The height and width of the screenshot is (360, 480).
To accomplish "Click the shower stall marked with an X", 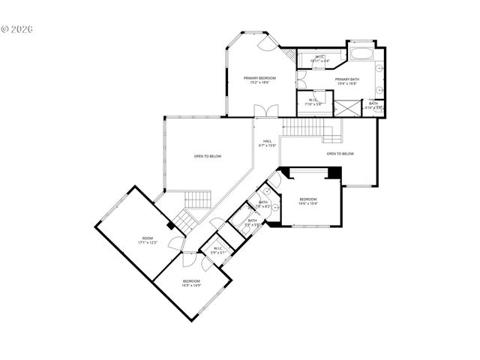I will (x=346, y=106).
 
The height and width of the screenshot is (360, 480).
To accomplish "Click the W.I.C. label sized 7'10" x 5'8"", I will (x=314, y=103).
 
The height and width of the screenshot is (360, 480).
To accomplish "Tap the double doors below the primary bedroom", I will (x=262, y=112).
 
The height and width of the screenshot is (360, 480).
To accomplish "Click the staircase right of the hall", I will (x=303, y=128).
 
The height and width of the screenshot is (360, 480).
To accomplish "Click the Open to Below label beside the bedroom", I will (x=340, y=154).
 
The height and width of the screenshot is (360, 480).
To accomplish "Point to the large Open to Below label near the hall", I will (x=207, y=156).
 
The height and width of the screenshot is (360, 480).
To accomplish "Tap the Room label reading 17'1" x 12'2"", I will (x=146, y=242).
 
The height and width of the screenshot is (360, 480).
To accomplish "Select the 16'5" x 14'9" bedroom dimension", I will (x=190, y=285).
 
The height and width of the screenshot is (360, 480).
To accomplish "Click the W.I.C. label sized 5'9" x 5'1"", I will (x=218, y=251).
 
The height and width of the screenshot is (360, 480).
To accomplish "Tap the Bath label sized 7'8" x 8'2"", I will (x=263, y=204).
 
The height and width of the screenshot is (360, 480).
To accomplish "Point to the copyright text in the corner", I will (x=18, y=29).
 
